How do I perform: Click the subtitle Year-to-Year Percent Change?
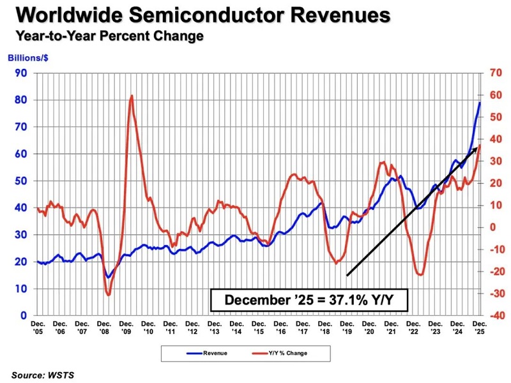pyautogui.click(x=108, y=36)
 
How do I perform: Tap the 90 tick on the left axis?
pyautogui.click(x=22, y=73)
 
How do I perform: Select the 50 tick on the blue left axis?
pyautogui.click(x=22, y=181)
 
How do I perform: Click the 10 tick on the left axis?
pyautogui.click(x=22, y=289)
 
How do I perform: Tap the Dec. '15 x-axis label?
pyautogui.click(x=259, y=328)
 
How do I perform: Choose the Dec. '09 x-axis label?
pyautogui.click(x=126, y=328)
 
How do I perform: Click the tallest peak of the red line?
pyautogui.click(x=132, y=96)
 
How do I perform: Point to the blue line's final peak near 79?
pyautogui.click(x=480, y=103)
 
